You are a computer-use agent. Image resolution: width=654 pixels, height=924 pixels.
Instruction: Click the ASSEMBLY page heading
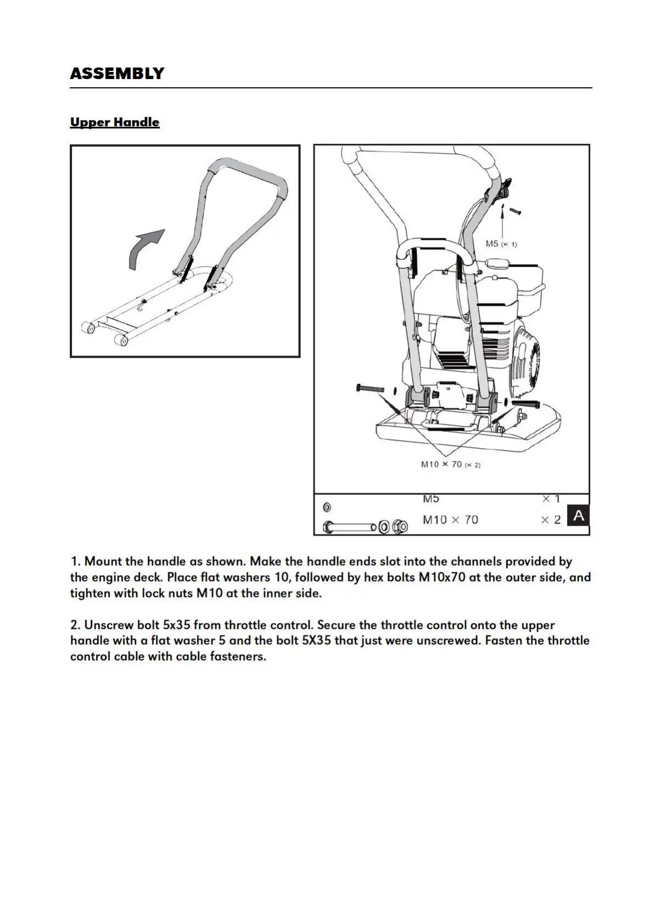coord(117,74)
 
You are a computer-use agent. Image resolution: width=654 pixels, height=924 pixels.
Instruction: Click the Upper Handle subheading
coord(115,122)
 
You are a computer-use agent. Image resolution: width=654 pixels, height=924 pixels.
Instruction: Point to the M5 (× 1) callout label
coord(501,244)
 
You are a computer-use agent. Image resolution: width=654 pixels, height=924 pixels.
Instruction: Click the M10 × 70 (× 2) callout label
coord(450,465)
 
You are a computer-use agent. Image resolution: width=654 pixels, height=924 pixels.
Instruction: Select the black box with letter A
coord(578,516)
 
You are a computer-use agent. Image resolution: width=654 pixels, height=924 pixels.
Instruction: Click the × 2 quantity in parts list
coord(551,520)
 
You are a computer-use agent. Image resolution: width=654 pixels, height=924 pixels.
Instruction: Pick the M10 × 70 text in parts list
coord(450,520)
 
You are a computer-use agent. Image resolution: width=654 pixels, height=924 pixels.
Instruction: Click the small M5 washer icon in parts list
coord(327,507)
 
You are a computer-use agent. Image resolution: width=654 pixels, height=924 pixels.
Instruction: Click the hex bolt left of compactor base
coord(371,388)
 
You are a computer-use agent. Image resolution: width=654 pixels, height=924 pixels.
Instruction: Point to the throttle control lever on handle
coord(501,189)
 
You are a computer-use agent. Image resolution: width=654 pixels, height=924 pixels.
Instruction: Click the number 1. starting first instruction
coord(76,561)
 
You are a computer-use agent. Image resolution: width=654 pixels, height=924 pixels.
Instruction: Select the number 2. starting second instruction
coord(76,625)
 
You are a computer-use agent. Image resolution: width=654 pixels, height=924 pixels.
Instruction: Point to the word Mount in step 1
coord(103,561)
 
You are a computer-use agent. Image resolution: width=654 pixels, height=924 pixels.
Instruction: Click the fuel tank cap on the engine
coord(499,261)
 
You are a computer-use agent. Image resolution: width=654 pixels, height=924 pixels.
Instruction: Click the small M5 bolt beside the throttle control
coord(515,211)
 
